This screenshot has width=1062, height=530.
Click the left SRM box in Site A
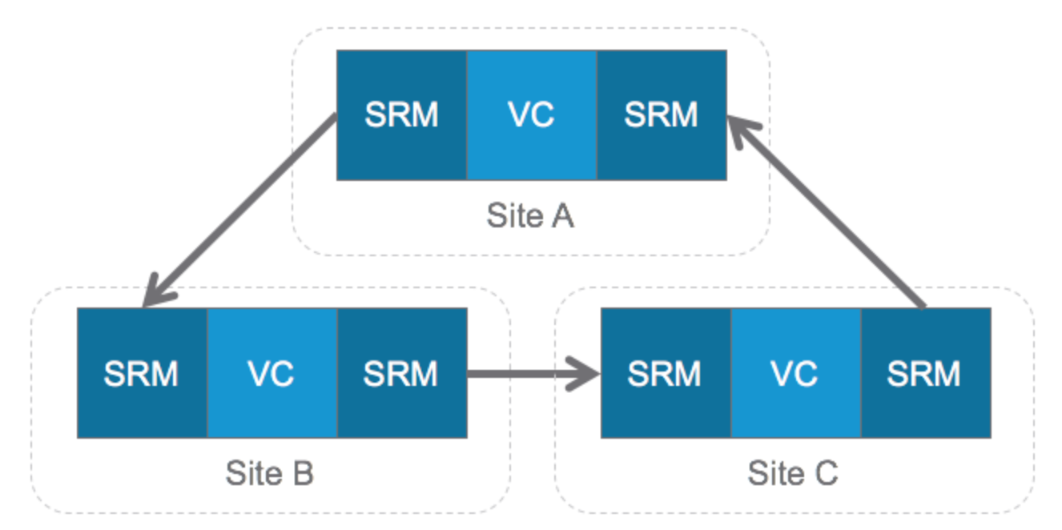401,114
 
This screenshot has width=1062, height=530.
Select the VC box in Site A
531,114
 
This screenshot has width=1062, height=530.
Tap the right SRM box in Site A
661,114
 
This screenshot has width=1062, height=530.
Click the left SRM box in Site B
142,373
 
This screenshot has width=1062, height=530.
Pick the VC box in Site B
272,373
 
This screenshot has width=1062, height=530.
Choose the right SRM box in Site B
401,373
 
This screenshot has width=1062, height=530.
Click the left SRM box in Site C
666,373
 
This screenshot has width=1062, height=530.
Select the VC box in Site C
795,373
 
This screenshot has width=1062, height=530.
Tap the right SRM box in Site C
925,373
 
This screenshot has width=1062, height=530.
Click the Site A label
530,216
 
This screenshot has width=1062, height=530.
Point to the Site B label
269,474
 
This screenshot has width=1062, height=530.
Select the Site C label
793,474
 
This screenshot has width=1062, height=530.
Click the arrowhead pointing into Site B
153,295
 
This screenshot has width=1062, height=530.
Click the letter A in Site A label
563,216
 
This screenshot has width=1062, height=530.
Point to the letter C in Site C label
826,474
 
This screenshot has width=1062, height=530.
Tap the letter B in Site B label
302,474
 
